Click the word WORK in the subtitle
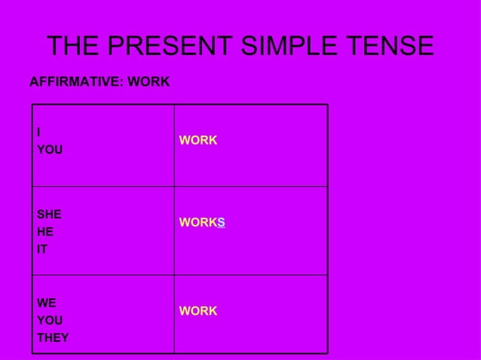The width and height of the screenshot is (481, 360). (x=149, y=81)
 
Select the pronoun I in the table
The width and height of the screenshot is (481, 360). (x=38, y=133)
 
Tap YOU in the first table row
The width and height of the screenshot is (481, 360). (x=50, y=150)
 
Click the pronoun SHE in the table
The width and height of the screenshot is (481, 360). (x=49, y=214)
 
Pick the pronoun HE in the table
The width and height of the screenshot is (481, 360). (x=45, y=231)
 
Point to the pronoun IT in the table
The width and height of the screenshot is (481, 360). (x=42, y=249)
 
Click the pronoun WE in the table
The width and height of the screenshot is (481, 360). (x=46, y=303)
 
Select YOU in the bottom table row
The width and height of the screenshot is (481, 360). (x=50, y=320)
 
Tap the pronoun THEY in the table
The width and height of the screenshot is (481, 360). (x=53, y=337)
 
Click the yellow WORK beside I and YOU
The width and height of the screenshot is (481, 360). (x=198, y=141)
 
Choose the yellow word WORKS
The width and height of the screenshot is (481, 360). (x=201, y=223)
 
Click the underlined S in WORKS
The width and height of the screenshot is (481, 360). (x=221, y=223)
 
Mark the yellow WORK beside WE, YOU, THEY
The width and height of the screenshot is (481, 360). (x=198, y=311)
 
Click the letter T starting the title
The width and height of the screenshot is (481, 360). (x=56, y=47)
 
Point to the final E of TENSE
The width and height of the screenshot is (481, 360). (x=425, y=47)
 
